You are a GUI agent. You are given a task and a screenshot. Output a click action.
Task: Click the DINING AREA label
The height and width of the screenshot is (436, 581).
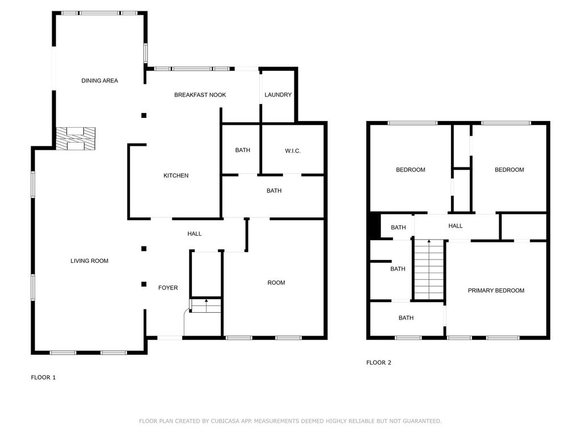[100, 81]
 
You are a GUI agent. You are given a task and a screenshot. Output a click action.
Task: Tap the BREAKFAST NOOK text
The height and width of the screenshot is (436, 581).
[200, 95]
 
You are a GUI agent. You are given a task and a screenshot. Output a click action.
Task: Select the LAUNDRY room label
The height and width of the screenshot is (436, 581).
[278, 95]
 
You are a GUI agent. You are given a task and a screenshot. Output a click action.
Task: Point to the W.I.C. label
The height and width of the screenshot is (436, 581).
[293, 151]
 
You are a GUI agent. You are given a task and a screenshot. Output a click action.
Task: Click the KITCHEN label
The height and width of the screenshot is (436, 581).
[176, 176]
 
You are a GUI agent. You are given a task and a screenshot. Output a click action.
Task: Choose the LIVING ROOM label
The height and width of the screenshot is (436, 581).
[89, 261]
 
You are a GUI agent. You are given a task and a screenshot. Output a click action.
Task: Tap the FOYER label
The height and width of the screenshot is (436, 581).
[168, 288]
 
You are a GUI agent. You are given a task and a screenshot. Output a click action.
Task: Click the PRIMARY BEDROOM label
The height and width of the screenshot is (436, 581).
[496, 291]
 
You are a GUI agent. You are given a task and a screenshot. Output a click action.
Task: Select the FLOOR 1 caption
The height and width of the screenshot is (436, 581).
[43, 378]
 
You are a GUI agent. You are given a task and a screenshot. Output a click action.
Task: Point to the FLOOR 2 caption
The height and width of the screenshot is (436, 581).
[378, 363]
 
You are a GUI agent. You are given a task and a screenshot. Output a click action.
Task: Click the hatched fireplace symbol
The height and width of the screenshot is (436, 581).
[75, 139]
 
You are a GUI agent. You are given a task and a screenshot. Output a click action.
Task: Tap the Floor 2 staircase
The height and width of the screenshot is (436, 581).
[429, 270]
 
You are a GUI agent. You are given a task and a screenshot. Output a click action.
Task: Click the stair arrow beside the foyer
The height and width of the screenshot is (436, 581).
[207, 305]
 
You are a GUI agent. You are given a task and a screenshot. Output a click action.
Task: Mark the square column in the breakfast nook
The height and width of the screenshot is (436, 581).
[144, 115]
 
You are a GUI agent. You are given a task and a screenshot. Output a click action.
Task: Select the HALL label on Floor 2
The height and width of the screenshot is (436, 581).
[456, 226]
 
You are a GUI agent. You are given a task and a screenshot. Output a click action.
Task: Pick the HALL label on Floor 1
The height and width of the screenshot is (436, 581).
[195, 233]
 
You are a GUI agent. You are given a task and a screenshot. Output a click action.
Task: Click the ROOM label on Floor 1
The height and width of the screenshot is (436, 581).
[276, 283]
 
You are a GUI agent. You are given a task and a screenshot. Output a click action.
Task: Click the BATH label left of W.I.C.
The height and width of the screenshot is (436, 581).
[243, 150]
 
